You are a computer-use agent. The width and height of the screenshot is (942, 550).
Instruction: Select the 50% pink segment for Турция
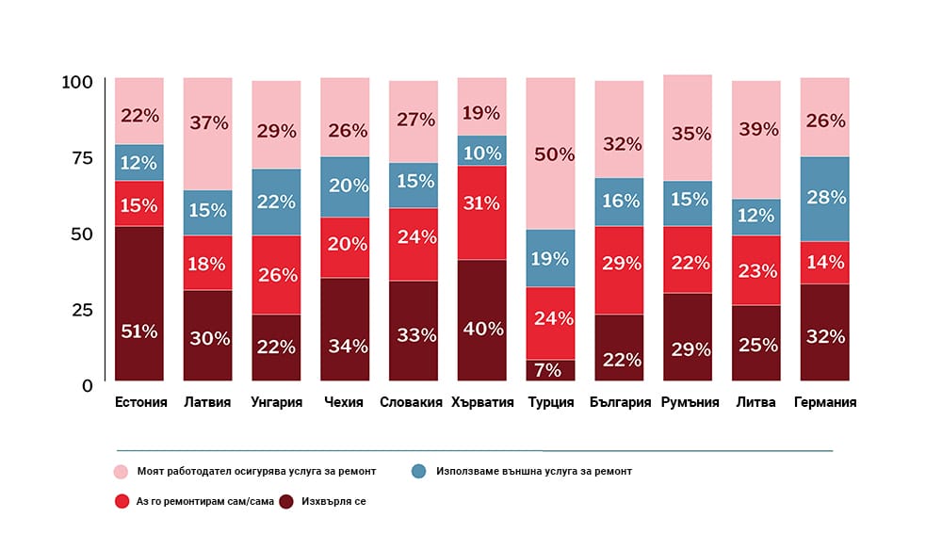550,154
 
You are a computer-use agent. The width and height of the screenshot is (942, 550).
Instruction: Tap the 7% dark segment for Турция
550,370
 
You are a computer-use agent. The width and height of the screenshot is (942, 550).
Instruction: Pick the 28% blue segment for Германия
824,199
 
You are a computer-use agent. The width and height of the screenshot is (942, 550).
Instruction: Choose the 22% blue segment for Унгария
276,202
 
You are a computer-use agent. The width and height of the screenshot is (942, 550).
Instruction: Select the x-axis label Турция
550,403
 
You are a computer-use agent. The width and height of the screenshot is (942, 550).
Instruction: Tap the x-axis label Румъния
688,403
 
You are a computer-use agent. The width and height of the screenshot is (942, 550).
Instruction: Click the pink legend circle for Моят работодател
121,471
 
